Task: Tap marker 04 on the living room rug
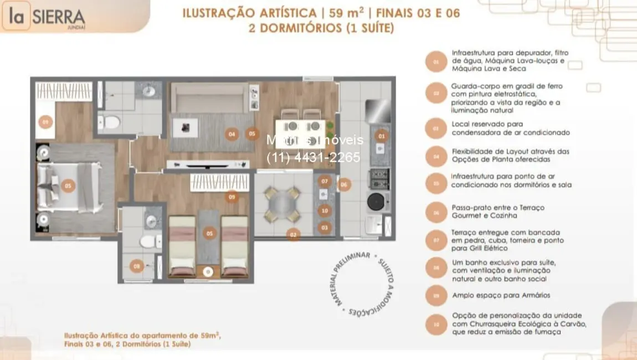point(232,133)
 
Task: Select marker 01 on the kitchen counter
point(381,136)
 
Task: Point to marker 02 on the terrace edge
point(293,234)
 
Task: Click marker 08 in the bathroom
point(137,266)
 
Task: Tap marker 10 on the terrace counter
point(325,210)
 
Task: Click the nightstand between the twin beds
point(208,271)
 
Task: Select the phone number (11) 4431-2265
point(314,157)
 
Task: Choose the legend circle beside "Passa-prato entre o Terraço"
point(436,212)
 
